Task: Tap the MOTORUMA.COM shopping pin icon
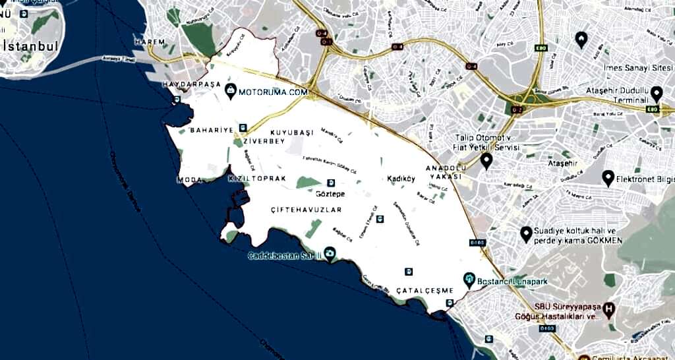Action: [231, 92]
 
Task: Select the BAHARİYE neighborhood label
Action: [211, 130]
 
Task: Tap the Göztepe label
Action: [330, 195]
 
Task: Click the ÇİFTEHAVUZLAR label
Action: [307, 210]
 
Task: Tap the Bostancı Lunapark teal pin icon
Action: [469, 280]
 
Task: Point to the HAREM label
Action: [148, 42]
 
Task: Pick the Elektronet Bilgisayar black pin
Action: [608, 177]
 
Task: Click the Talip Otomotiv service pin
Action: [486, 160]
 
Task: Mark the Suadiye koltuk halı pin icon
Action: [526, 233]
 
